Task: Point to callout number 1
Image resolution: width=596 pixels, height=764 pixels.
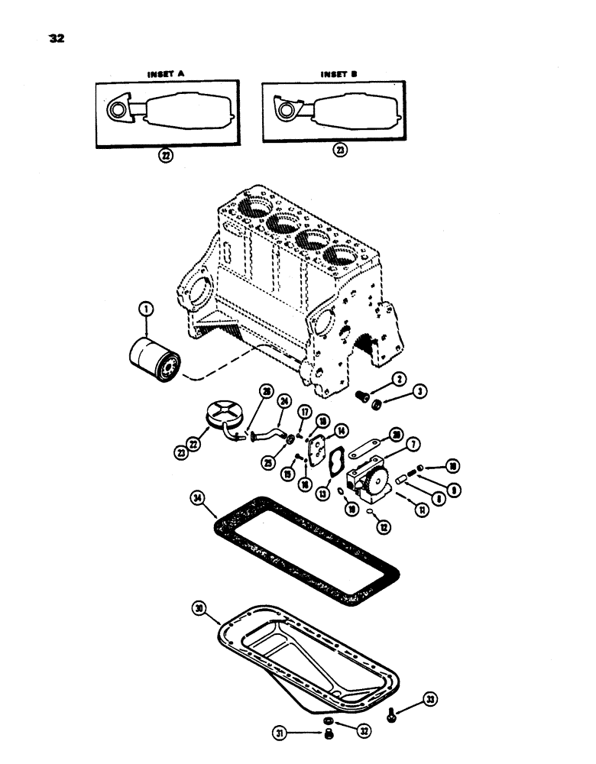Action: pyautogui.click(x=144, y=309)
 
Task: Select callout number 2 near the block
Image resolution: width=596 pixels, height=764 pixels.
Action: pyautogui.click(x=398, y=378)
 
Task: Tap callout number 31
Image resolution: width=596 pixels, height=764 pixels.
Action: pyautogui.click(x=303, y=735)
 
